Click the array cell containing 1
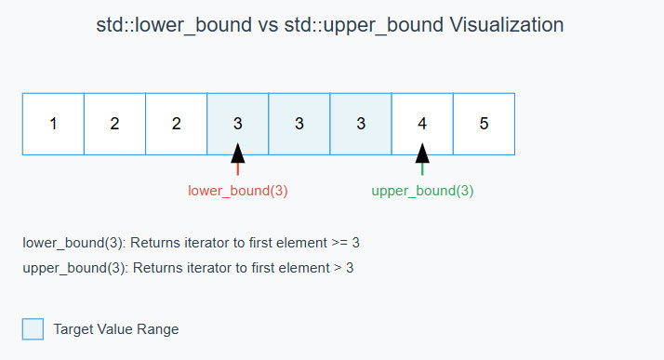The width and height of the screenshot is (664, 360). pos(53,124)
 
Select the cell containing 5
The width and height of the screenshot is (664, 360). pos(484,124)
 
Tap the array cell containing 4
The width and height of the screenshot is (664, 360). pos(422,124)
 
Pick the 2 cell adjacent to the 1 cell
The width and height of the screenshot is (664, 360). pos(114,124)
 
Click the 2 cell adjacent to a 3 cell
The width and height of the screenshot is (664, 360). pos(176,124)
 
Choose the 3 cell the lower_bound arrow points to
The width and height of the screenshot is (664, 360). pos(237,124)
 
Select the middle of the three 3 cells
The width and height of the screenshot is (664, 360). pos(299,124)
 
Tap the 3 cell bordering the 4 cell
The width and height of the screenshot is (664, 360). pos(360,124)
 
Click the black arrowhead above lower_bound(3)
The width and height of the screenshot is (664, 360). pos(238,153)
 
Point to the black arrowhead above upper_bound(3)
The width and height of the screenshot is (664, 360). pos(422,153)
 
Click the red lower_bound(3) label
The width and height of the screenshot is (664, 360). pos(238,191)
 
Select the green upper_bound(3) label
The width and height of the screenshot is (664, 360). pos(422,191)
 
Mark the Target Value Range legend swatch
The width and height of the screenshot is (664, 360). pos(33,329)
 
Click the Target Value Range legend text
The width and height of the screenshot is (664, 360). pos(116,329)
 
